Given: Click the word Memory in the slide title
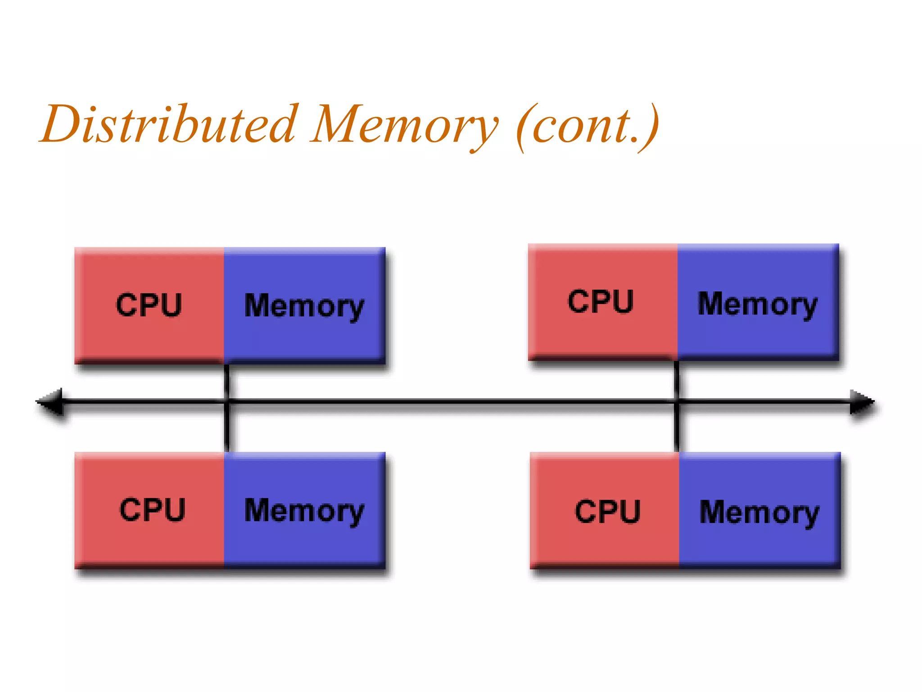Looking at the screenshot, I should (x=405, y=124).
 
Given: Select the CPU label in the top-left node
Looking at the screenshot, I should (x=149, y=305).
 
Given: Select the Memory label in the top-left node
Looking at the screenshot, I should (x=304, y=306).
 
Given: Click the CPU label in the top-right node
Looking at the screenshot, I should (x=601, y=301).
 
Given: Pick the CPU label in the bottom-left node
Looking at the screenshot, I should (x=153, y=510).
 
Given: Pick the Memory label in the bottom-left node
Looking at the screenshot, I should (x=304, y=511).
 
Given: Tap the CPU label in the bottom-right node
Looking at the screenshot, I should (x=607, y=511).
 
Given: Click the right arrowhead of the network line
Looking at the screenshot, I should (x=861, y=401).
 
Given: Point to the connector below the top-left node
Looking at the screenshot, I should (x=227, y=381).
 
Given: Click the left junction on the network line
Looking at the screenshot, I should (x=227, y=401).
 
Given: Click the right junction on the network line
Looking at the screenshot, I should (x=677, y=401).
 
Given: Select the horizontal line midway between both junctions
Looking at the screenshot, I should (x=452, y=401).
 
